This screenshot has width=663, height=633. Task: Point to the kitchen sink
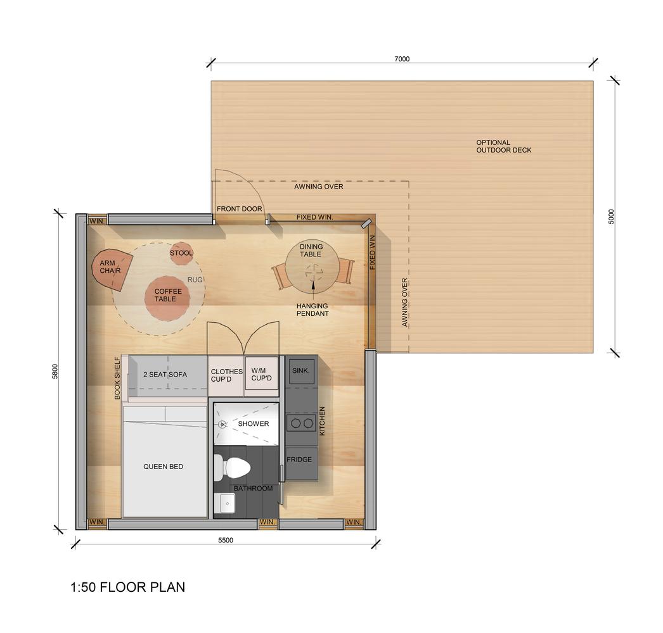click(300, 372)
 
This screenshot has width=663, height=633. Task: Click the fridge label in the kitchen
click(299, 459)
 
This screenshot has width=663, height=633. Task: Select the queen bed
click(164, 467)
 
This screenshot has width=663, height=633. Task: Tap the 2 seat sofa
click(166, 375)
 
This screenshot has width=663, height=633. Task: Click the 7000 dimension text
click(402, 59)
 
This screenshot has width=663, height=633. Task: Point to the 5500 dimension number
click(226, 540)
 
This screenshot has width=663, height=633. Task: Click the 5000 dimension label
click(611, 216)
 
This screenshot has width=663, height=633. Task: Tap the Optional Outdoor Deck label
click(503, 146)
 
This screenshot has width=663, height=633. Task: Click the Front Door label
click(239, 209)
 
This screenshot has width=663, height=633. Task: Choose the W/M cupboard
click(261, 375)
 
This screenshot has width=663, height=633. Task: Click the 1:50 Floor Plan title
click(127, 587)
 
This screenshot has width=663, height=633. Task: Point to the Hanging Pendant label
click(312, 310)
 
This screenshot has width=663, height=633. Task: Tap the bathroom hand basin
click(227, 503)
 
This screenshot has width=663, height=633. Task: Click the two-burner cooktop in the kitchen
click(301, 422)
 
